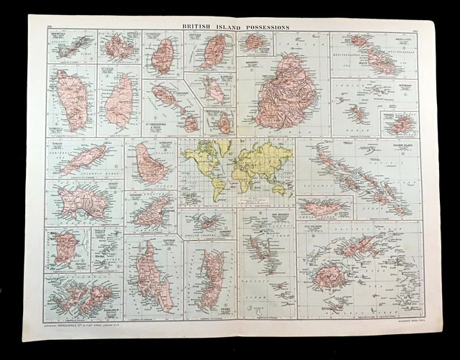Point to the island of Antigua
click(x=117, y=48)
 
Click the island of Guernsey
click(x=150, y=213)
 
